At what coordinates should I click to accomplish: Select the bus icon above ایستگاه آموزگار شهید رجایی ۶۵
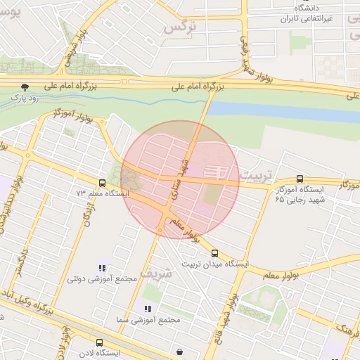coord(300,179)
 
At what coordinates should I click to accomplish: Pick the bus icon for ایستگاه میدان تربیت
coord(214,253)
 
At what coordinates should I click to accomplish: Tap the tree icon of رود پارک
coord(26,87)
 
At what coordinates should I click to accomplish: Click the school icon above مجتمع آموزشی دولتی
coord(102,267)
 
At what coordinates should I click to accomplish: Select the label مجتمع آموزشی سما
coord(150,320)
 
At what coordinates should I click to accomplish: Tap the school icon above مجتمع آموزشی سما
coord(148,309)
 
